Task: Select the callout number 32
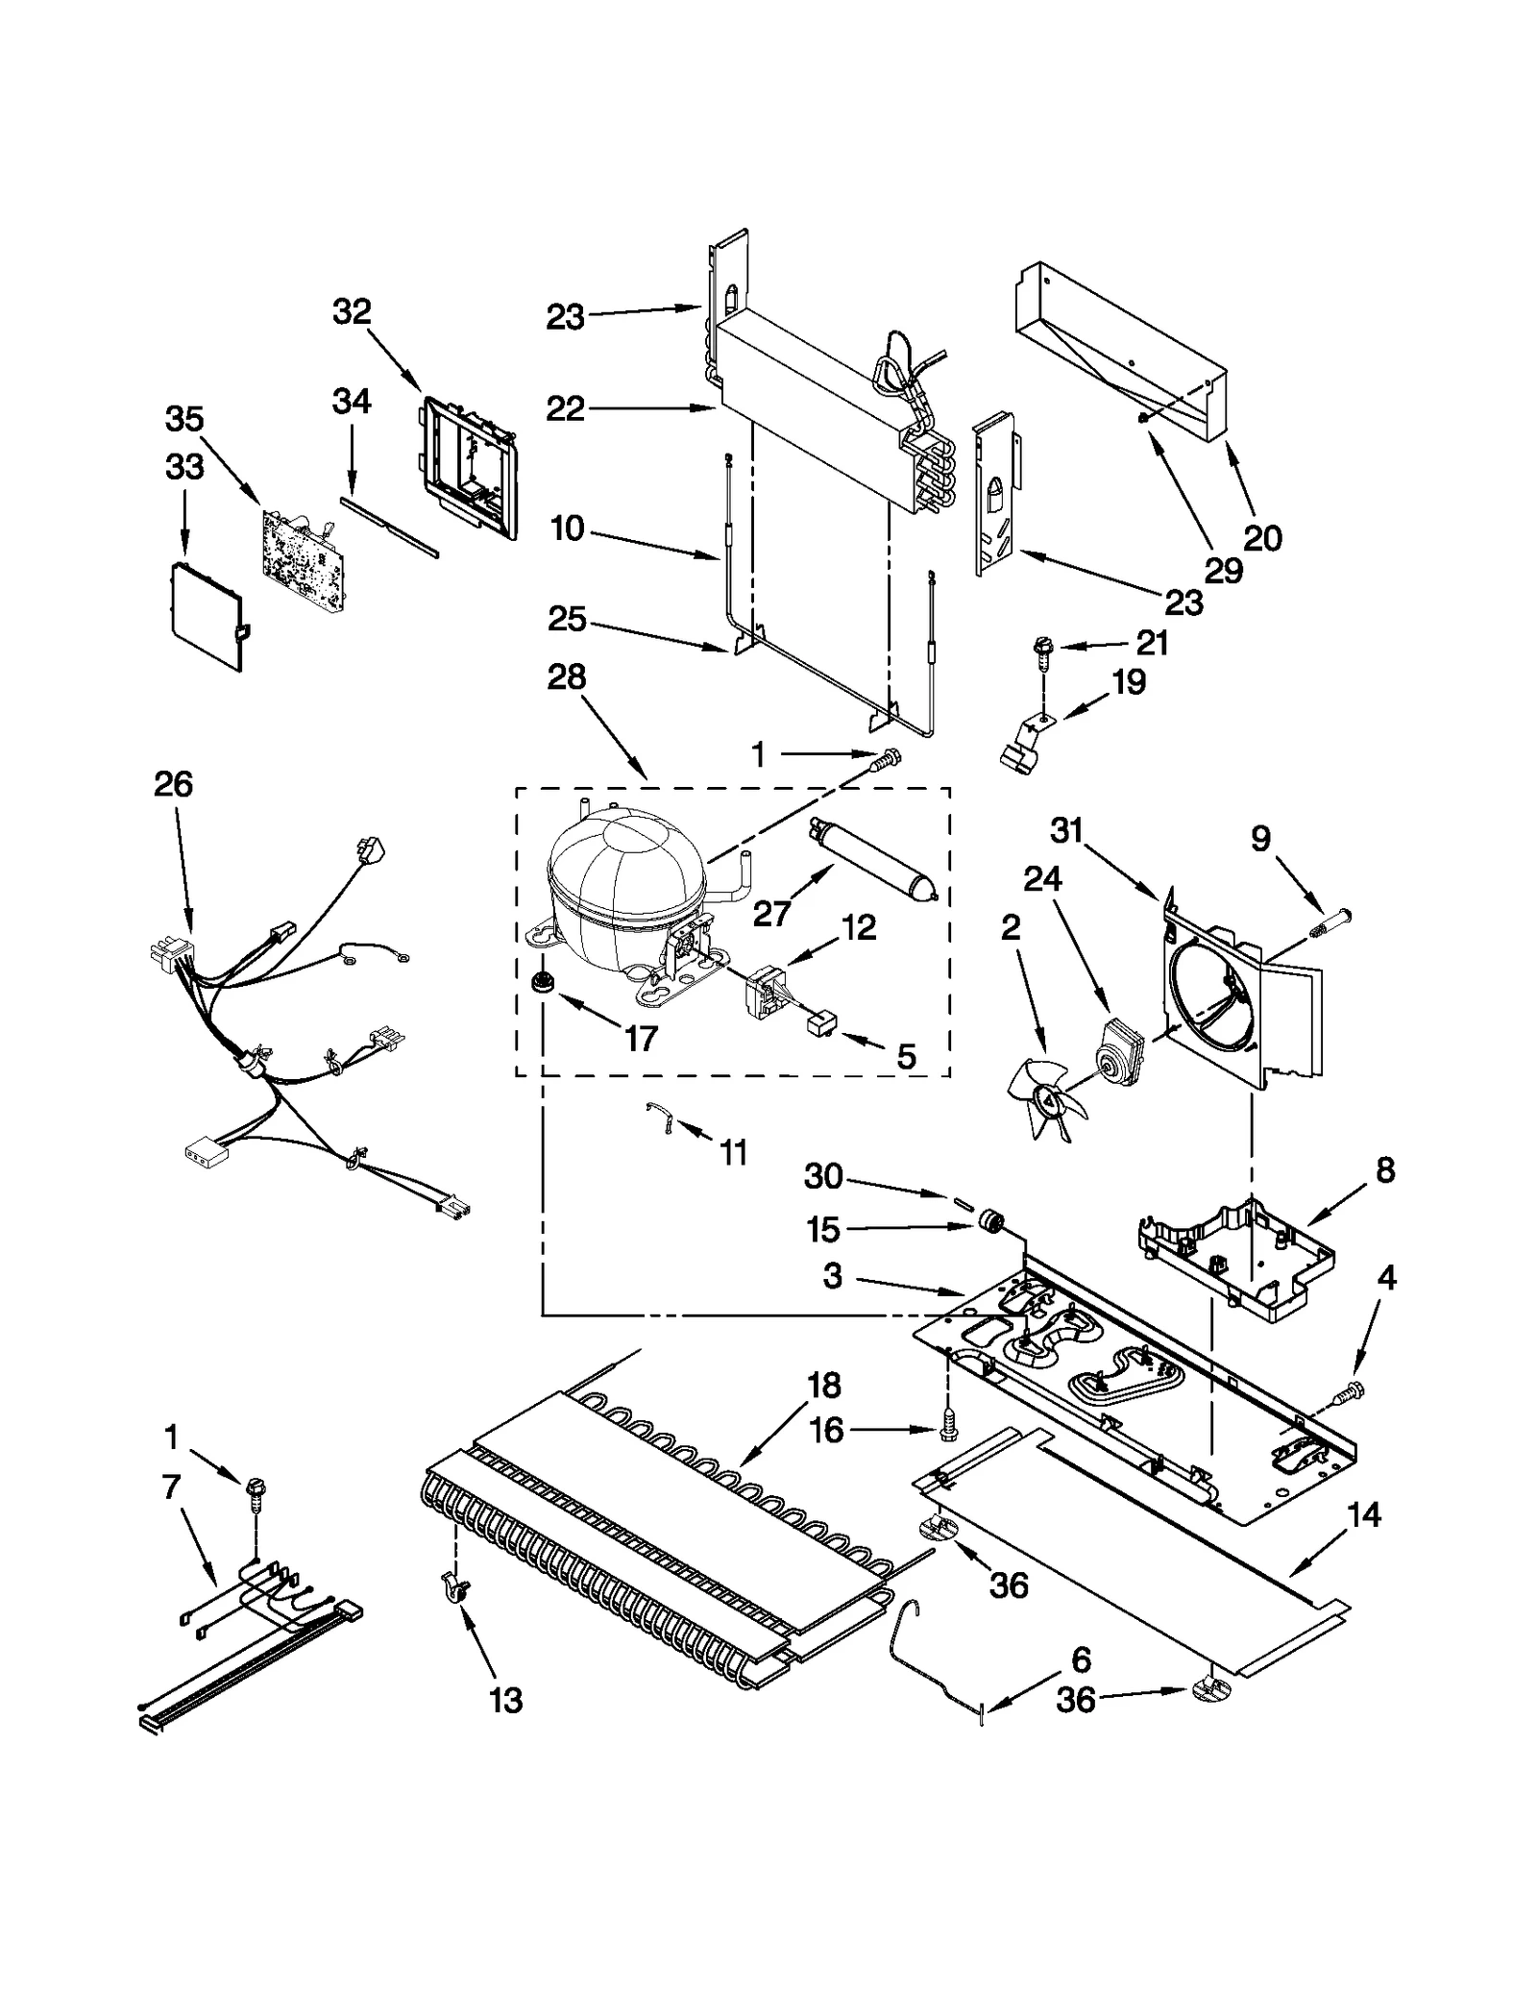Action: [x=352, y=311]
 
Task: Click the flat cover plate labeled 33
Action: [x=205, y=615]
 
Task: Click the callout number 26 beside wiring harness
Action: [x=173, y=784]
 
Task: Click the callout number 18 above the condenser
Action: [x=824, y=1385]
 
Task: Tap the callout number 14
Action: [x=1364, y=1514]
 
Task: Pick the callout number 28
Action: [x=566, y=676]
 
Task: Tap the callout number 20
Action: [x=1262, y=537]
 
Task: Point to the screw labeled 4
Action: [x=1354, y=1388]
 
